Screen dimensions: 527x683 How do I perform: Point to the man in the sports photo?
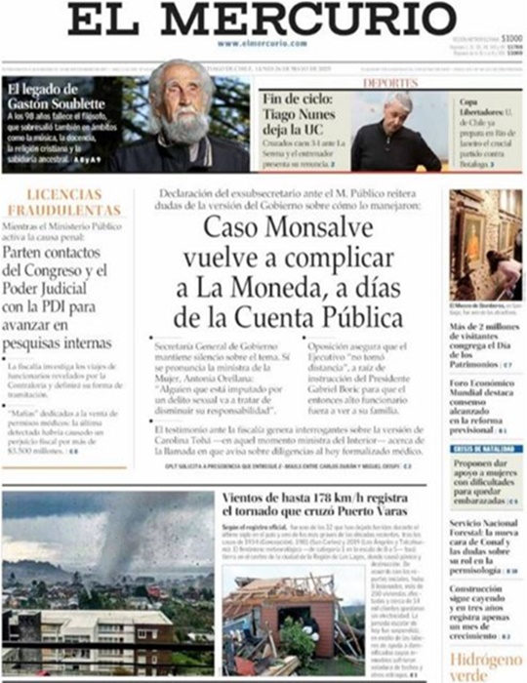point(396,132)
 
